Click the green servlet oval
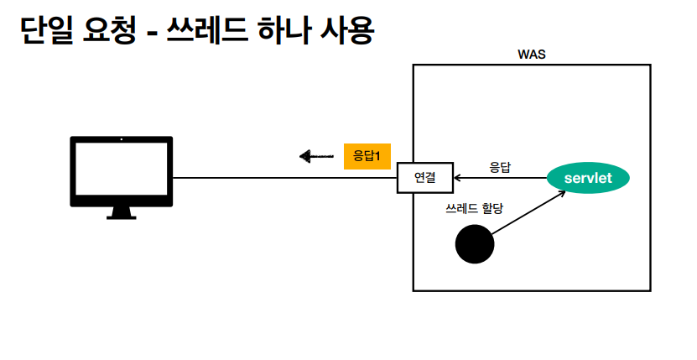(x=587, y=178)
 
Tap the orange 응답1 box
(x=367, y=156)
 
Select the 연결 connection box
(x=424, y=178)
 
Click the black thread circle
(x=475, y=244)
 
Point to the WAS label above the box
(x=532, y=55)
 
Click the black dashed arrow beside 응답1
(x=316, y=156)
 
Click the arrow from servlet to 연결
(x=500, y=178)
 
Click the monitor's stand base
(x=121, y=215)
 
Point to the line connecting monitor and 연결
(x=285, y=178)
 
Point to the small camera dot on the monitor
(x=121, y=140)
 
